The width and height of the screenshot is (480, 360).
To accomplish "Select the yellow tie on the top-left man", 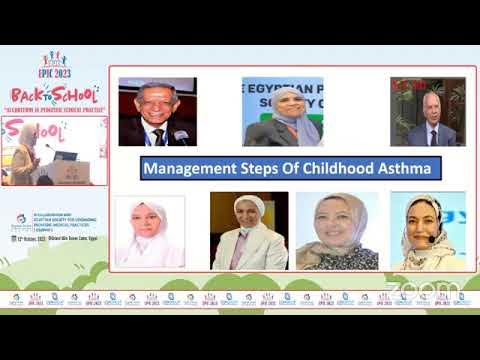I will (x=157, y=134).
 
